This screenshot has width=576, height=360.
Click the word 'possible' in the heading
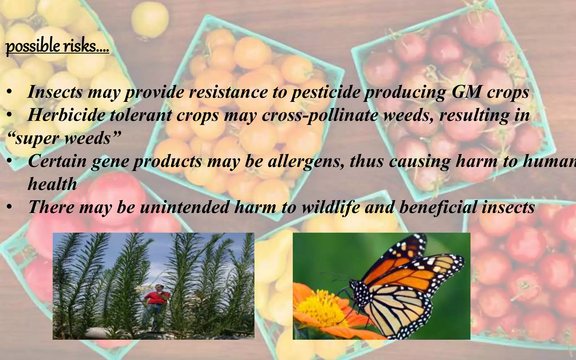pyautogui.click(x=33, y=46)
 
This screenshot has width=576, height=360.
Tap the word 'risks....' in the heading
pyautogui.click(x=86, y=46)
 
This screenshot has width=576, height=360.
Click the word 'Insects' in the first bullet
pyautogui.click(x=55, y=92)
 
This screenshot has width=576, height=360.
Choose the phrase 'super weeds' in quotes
pyautogui.click(x=64, y=138)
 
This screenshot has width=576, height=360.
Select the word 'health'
pyautogui.click(x=52, y=184)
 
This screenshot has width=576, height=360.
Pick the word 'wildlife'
pyautogui.click(x=331, y=207)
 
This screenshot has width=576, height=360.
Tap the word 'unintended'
pyautogui.click(x=184, y=207)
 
